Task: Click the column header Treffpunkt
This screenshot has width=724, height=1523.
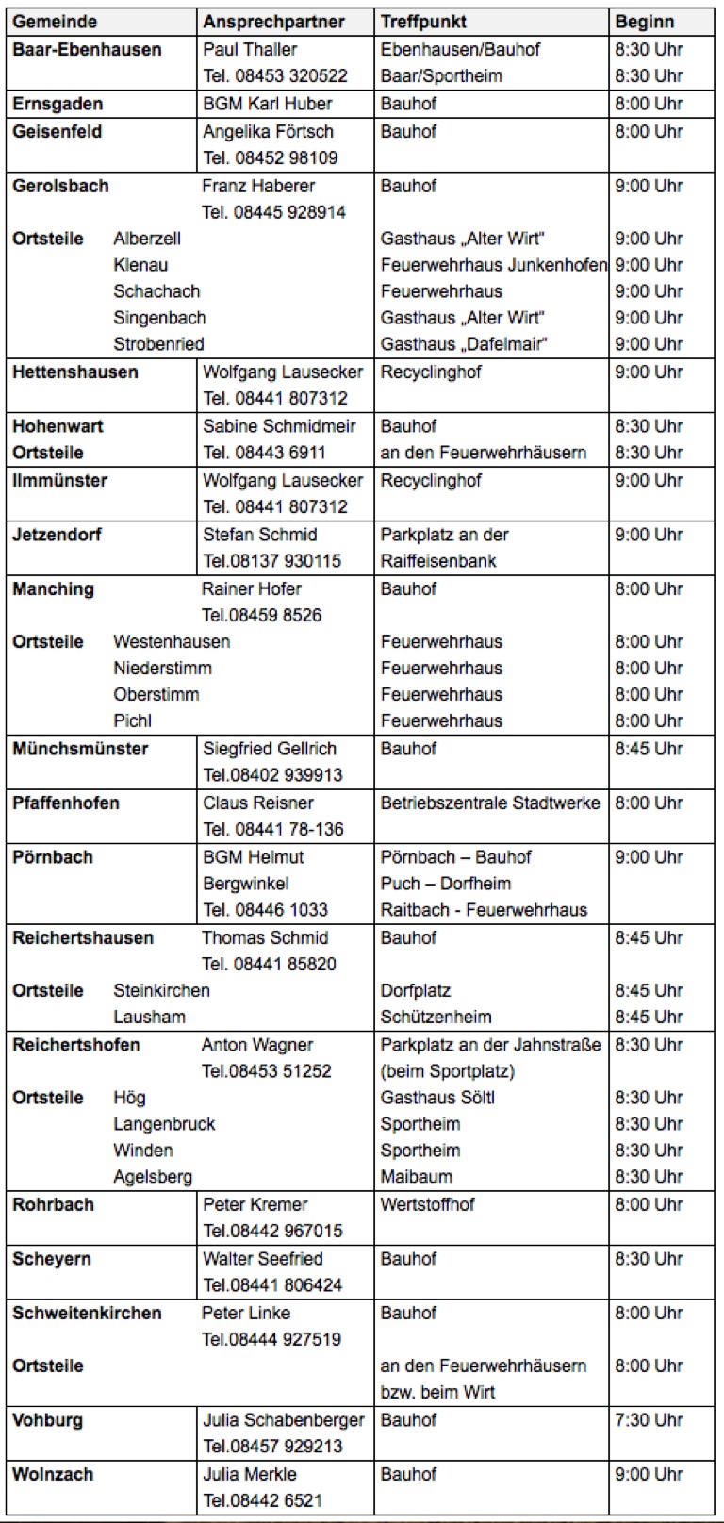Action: pos(423,22)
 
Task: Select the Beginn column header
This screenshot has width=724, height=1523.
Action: pos(645,22)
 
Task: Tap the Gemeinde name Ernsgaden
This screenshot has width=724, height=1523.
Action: pos(58,104)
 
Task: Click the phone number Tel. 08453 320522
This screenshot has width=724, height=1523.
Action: pos(275,76)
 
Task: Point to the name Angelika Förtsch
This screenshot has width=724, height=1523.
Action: pos(268,132)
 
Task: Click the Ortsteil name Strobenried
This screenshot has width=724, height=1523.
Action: pos(158,344)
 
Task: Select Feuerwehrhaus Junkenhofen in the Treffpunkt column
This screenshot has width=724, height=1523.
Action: pos(493,265)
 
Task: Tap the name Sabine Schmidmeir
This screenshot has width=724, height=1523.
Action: pos(279,426)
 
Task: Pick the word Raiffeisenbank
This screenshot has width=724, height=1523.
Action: pos(438,561)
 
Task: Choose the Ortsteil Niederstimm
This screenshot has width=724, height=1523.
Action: pos(162,669)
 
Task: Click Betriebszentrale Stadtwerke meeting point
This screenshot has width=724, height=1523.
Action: pos(490,803)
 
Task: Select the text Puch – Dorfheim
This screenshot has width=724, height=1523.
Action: pos(446,884)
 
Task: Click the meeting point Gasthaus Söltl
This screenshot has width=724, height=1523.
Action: pos(437,1098)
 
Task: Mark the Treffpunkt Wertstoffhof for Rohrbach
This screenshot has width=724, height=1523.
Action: pos(427,1205)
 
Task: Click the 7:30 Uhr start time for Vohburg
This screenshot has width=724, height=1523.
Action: pos(649,1420)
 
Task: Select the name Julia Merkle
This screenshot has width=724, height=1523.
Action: pos(250,1475)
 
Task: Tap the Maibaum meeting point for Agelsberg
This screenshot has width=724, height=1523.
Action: pos(416,1177)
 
